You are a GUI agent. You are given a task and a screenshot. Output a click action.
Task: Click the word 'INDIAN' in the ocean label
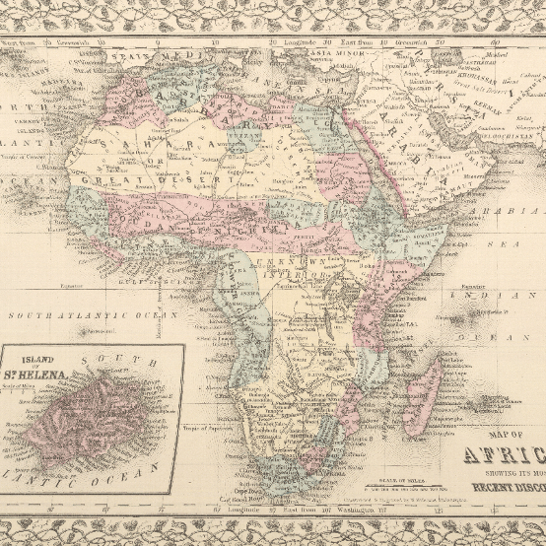pos(491,295)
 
